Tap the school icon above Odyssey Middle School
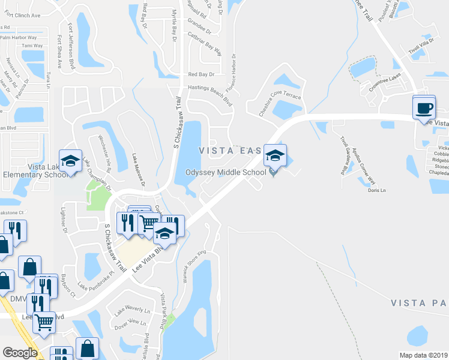276,155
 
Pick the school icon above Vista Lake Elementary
70,160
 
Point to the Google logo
20,353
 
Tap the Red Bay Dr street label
201,74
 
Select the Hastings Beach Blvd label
209,94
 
